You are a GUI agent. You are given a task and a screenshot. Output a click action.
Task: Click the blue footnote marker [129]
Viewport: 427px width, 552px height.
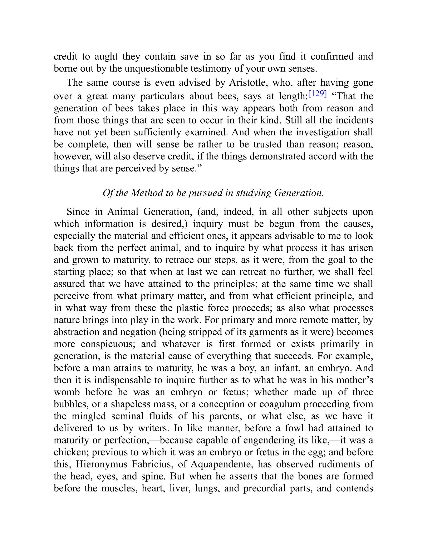coord(318,94)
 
